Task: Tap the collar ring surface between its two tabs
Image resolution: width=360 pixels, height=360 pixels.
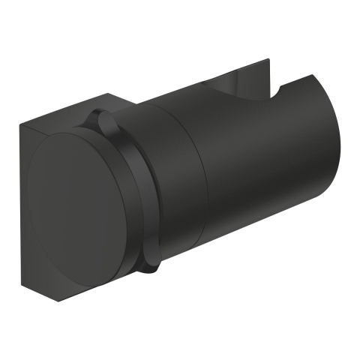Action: click(x=139, y=187)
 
